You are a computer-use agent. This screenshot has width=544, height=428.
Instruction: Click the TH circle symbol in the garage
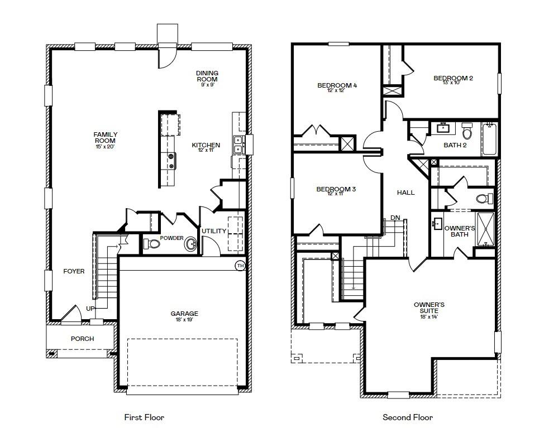tap(240, 266)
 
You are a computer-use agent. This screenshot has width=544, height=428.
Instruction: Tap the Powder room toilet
tap(151, 244)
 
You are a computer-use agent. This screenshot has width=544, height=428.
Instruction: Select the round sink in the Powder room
tap(190, 244)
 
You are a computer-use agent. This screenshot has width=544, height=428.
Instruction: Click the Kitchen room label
tap(206, 145)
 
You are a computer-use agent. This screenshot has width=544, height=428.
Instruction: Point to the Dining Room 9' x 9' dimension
tap(207, 85)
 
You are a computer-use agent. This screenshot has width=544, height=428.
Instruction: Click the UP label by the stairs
tap(90, 309)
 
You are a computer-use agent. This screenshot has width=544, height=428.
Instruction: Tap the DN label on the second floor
tap(395, 218)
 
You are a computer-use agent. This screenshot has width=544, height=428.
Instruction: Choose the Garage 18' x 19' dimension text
tap(184, 320)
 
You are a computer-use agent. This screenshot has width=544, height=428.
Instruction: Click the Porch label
tap(82, 339)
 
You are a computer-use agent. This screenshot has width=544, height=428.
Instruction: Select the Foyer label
tap(74, 271)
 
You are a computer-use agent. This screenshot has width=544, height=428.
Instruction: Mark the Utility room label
tap(214, 231)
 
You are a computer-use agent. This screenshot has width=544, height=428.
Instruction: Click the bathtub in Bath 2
tap(489, 138)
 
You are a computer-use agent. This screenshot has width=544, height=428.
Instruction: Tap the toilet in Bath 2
tap(467, 131)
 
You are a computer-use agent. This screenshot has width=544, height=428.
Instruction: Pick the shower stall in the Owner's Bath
tap(485, 229)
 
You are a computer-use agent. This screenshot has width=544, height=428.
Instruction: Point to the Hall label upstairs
tap(405, 193)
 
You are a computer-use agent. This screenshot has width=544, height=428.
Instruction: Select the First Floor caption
tap(144, 417)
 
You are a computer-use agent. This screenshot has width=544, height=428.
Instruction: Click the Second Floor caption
tap(408, 417)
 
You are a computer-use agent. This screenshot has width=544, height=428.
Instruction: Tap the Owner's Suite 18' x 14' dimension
tap(429, 316)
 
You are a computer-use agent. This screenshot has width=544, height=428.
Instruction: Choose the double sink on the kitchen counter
tap(238, 145)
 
